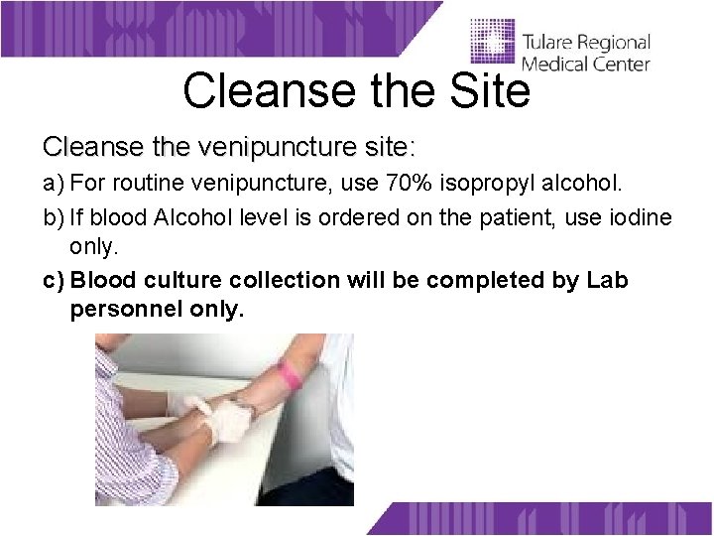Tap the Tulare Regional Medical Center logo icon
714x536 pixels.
point(492,45)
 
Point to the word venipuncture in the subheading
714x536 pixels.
point(267,148)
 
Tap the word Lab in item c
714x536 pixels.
point(607,280)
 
